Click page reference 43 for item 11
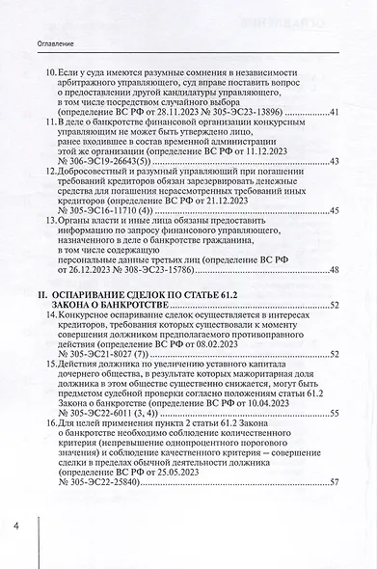click(333, 160)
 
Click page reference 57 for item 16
click(333, 481)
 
